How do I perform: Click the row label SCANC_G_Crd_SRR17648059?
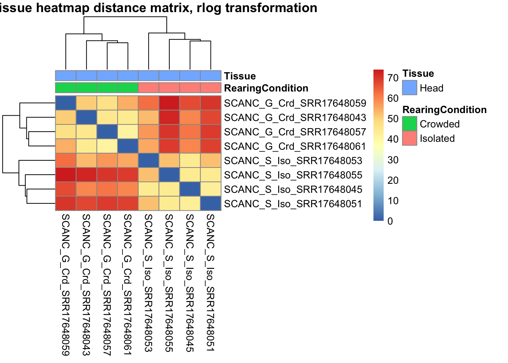(295, 103)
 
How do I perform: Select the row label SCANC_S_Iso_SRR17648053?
(293, 161)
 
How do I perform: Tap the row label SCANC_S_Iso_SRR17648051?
(293, 204)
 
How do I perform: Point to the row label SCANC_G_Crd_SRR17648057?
(295, 132)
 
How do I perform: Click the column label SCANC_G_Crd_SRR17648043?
(86, 284)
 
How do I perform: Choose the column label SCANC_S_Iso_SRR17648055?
(169, 282)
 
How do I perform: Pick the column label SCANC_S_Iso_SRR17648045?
(190, 282)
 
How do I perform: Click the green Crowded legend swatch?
(409, 124)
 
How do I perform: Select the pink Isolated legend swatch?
(409, 138)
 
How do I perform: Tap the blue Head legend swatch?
(409, 88)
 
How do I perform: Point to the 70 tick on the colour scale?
(393, 78)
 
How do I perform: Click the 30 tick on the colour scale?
(393, 160)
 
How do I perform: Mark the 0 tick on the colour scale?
(390, 221)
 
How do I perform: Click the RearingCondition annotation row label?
(266, 88)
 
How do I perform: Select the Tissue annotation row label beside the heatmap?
(240, 76)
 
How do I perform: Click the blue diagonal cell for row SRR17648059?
(66, 103)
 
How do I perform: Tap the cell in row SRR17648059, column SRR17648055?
(169, 103)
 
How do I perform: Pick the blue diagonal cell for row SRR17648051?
(211, 204)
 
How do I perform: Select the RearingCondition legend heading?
(444, 110)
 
